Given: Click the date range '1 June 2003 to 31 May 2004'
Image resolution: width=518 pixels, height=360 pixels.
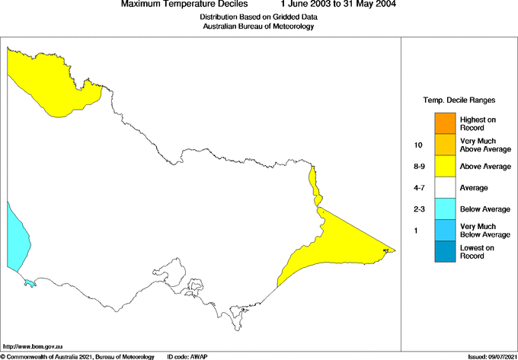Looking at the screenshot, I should click(337, 5).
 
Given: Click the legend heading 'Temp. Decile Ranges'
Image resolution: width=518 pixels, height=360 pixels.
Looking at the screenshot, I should click(459, 100).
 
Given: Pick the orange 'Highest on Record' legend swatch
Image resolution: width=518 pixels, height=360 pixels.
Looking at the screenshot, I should click(445, 123).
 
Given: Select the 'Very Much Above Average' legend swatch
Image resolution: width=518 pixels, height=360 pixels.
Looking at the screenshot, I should click(445, 144).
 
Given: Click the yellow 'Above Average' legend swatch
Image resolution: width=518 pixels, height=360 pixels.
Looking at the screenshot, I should click(445, 165).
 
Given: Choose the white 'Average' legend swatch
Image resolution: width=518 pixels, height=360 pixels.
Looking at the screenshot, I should click(445, 186).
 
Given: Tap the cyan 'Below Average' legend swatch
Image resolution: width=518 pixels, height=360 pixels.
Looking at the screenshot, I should click(445, 208).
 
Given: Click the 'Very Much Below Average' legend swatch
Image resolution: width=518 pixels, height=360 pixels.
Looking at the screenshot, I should click(445, 229).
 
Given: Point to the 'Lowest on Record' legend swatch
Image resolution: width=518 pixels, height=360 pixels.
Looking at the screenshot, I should click(445, 251).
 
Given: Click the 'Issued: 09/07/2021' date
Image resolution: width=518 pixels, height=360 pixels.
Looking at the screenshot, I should click(491, 356).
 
